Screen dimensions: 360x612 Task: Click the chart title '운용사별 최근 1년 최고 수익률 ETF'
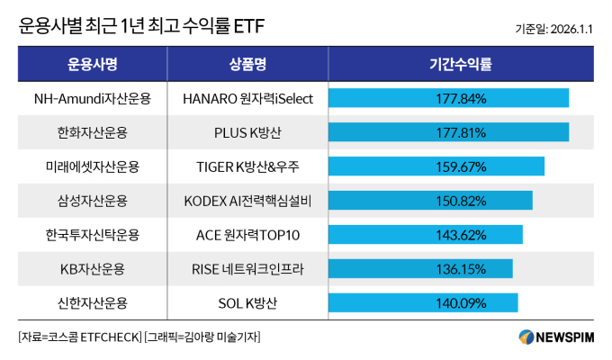(135, 27)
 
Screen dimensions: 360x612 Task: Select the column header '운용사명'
(93, 64)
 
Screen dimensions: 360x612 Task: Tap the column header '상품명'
(247, 64)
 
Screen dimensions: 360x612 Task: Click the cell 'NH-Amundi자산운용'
(93, 98)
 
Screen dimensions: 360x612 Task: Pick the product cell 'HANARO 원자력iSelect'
(247, 98)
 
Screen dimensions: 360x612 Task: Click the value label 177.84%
(460, 98)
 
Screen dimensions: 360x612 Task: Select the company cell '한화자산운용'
(93, 132)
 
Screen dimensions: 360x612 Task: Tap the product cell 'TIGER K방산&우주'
(247, 166)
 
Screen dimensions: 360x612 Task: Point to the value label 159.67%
(460, 166)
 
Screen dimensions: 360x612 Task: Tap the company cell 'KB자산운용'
(93, 268)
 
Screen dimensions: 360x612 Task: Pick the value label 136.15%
(460, 268)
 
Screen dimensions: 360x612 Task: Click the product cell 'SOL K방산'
(247, 302)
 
